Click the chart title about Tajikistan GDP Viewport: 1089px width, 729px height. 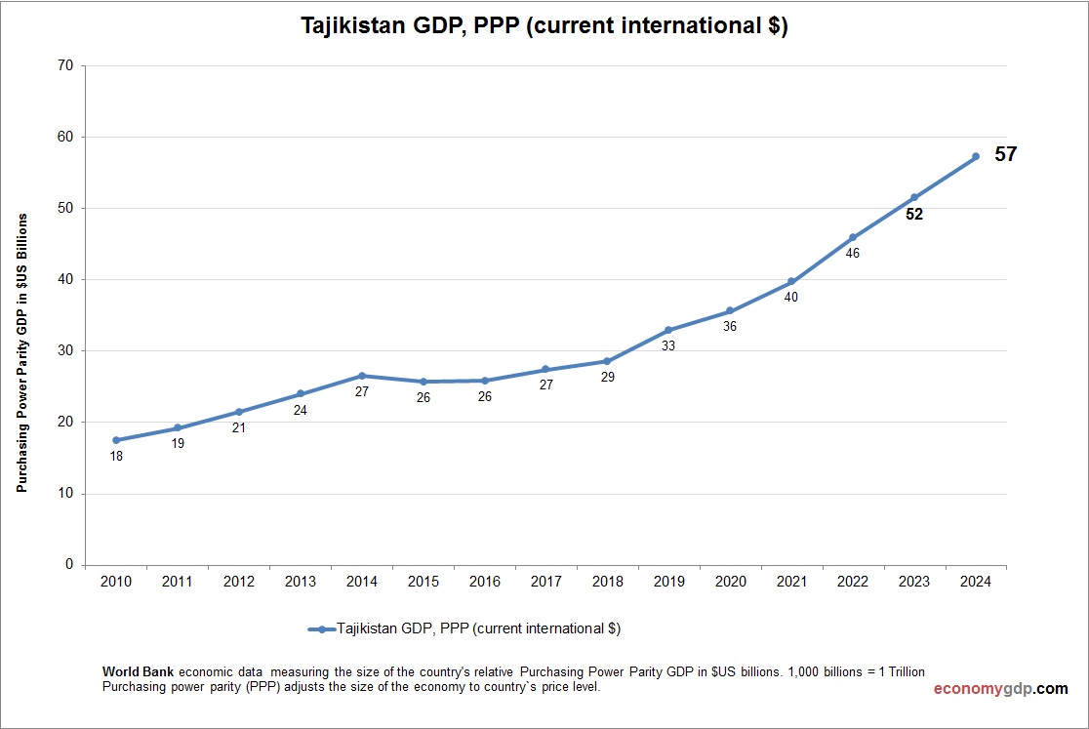[544, 26]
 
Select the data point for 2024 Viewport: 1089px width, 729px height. [975, 156]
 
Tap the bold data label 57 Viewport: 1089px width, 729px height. [1005, 154]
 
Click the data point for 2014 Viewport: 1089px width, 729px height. [362, 376]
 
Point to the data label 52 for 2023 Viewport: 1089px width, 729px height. [913, 215]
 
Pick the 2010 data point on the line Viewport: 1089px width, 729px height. [116, 440]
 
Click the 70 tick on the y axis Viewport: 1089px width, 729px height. [65, 66]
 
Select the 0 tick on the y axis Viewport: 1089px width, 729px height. [69, 565]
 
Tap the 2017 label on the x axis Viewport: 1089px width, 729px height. [545, 582]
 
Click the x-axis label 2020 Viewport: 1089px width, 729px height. [730, 582]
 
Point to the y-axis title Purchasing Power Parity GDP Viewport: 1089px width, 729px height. [21, 352]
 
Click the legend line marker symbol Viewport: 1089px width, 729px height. [321, 629]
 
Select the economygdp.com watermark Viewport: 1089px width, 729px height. [999, 689]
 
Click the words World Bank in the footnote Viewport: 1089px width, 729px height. [139, 672]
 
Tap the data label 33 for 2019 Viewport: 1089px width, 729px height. [668, 345]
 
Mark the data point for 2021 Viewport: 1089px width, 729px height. [791, 281]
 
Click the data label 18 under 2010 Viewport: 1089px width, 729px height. [116, 456]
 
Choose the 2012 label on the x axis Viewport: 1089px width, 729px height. [239, 582]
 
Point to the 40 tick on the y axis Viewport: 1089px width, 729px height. [65, 280]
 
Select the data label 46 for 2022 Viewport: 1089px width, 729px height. [852, 254]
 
